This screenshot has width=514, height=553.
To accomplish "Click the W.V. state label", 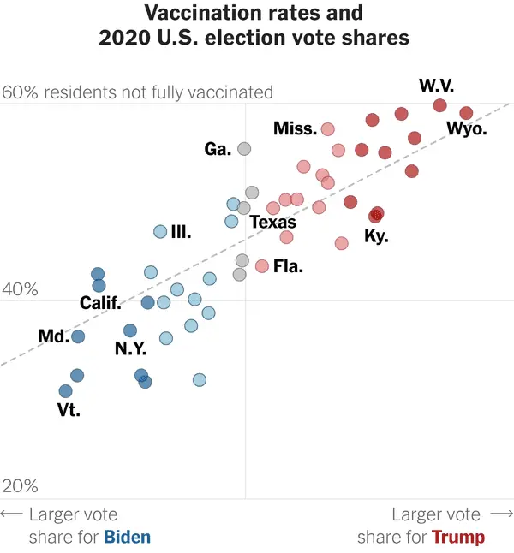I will point(436,86).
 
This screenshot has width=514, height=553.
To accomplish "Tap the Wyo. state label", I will point(467,129).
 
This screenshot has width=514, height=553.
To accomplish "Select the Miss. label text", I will point(296,128).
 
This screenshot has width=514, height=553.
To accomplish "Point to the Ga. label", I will point(218,149).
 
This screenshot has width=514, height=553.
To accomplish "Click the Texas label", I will point(272,223).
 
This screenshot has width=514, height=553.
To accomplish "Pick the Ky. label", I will point(376,235).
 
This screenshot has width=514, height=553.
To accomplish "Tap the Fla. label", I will point(288,266).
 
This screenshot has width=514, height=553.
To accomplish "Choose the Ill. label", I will point(181,232).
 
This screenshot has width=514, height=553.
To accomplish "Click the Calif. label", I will point(100,303).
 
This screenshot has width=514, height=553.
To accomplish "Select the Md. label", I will point(53,336).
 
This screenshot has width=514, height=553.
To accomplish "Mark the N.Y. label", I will point(130,348).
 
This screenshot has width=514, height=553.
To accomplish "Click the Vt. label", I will point(69,410).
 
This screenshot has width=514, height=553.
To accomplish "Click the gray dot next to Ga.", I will point(244,149).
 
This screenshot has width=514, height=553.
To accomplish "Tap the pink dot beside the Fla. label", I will point(262,266).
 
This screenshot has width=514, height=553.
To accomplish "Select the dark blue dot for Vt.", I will point(65,391).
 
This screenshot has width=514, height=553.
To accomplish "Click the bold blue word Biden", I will point(127,537).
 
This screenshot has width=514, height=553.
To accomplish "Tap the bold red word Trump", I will point(457,537).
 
